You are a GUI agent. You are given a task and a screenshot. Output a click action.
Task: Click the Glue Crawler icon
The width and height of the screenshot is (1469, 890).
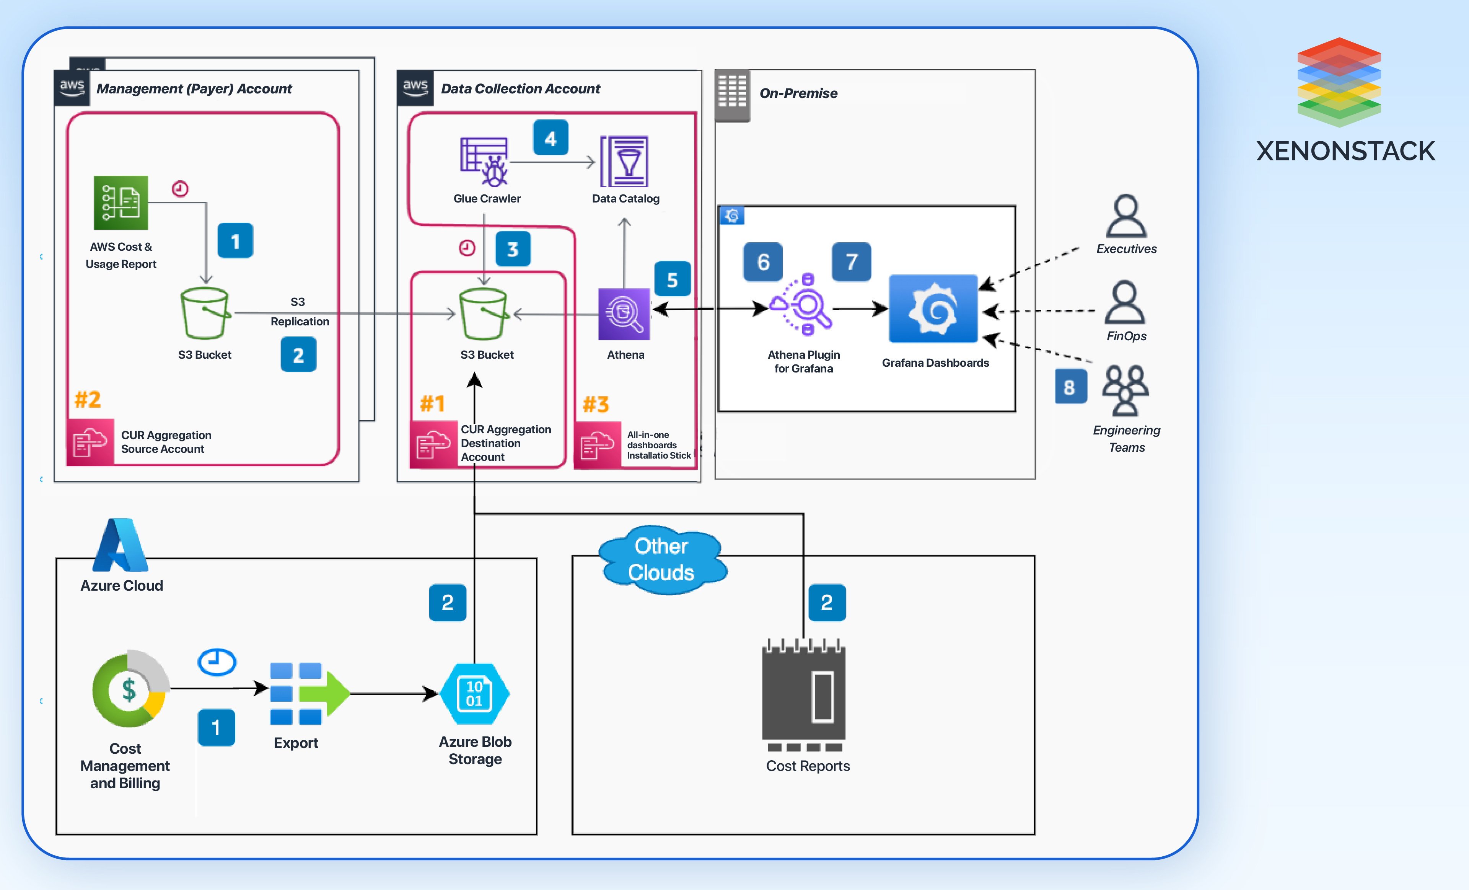coord(484,162)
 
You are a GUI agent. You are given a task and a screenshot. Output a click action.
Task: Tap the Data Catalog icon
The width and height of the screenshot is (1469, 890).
coord(625,162)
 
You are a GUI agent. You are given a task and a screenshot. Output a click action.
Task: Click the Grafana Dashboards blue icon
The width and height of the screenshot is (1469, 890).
coord(933,309)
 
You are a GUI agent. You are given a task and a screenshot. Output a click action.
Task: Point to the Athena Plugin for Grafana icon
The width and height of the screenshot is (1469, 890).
coord(802,305)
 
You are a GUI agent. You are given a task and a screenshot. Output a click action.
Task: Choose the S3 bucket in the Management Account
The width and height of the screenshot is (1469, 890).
coord(205,313)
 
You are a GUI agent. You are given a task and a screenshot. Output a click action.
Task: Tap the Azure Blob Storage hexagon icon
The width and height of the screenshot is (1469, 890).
coord(475,694)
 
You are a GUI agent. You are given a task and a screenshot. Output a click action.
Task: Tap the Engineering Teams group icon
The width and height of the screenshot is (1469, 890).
coord(1125,391)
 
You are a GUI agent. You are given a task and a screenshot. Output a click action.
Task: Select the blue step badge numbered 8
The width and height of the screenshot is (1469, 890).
coord(1070,387)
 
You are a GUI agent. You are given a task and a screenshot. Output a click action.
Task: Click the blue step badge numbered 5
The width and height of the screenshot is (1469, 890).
coord(672,279)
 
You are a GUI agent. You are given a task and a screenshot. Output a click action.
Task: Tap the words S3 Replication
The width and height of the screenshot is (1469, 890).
coord(299,311)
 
